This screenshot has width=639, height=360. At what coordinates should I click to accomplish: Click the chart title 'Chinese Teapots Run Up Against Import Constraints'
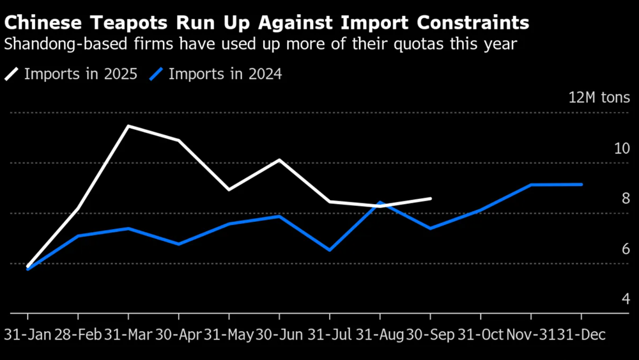267,24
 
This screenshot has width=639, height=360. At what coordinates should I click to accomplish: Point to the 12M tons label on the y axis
599,98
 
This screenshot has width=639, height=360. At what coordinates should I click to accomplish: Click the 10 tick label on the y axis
622,148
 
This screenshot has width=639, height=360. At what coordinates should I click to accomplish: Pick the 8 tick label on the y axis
626,199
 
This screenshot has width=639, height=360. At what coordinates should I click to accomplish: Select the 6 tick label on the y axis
626,249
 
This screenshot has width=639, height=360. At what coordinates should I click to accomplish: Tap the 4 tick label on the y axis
626,299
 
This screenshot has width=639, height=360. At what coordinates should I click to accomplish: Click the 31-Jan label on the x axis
27,335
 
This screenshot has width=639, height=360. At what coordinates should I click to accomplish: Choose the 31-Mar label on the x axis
128,335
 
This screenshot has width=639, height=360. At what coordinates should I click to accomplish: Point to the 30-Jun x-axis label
279,335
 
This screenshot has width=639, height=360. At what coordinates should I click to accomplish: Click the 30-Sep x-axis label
430,335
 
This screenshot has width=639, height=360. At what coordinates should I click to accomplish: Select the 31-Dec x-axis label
581,335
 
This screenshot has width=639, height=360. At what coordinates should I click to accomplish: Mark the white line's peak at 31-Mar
128,126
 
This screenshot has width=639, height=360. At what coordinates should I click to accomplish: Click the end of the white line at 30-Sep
431,198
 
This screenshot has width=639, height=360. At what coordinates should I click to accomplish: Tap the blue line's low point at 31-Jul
330,250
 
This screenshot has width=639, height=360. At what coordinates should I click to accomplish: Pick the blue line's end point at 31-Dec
581,184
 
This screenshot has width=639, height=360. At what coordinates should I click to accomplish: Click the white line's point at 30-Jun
279,159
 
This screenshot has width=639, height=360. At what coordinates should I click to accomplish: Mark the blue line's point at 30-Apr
178,244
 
